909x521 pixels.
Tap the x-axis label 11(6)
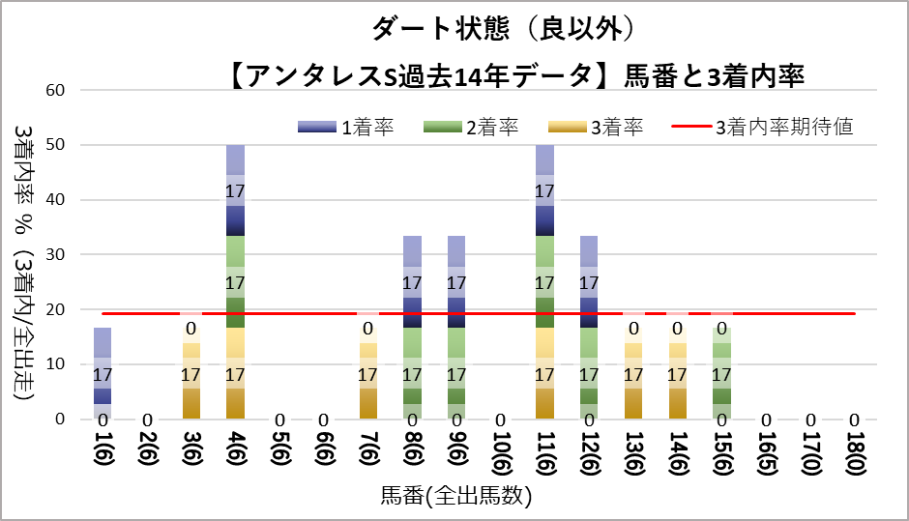point(545,452)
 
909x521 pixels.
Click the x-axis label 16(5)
point(767,452)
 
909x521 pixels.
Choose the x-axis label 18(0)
point(855,452)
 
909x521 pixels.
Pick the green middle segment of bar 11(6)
point(544,282)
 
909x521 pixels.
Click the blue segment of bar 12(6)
point(589,281)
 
